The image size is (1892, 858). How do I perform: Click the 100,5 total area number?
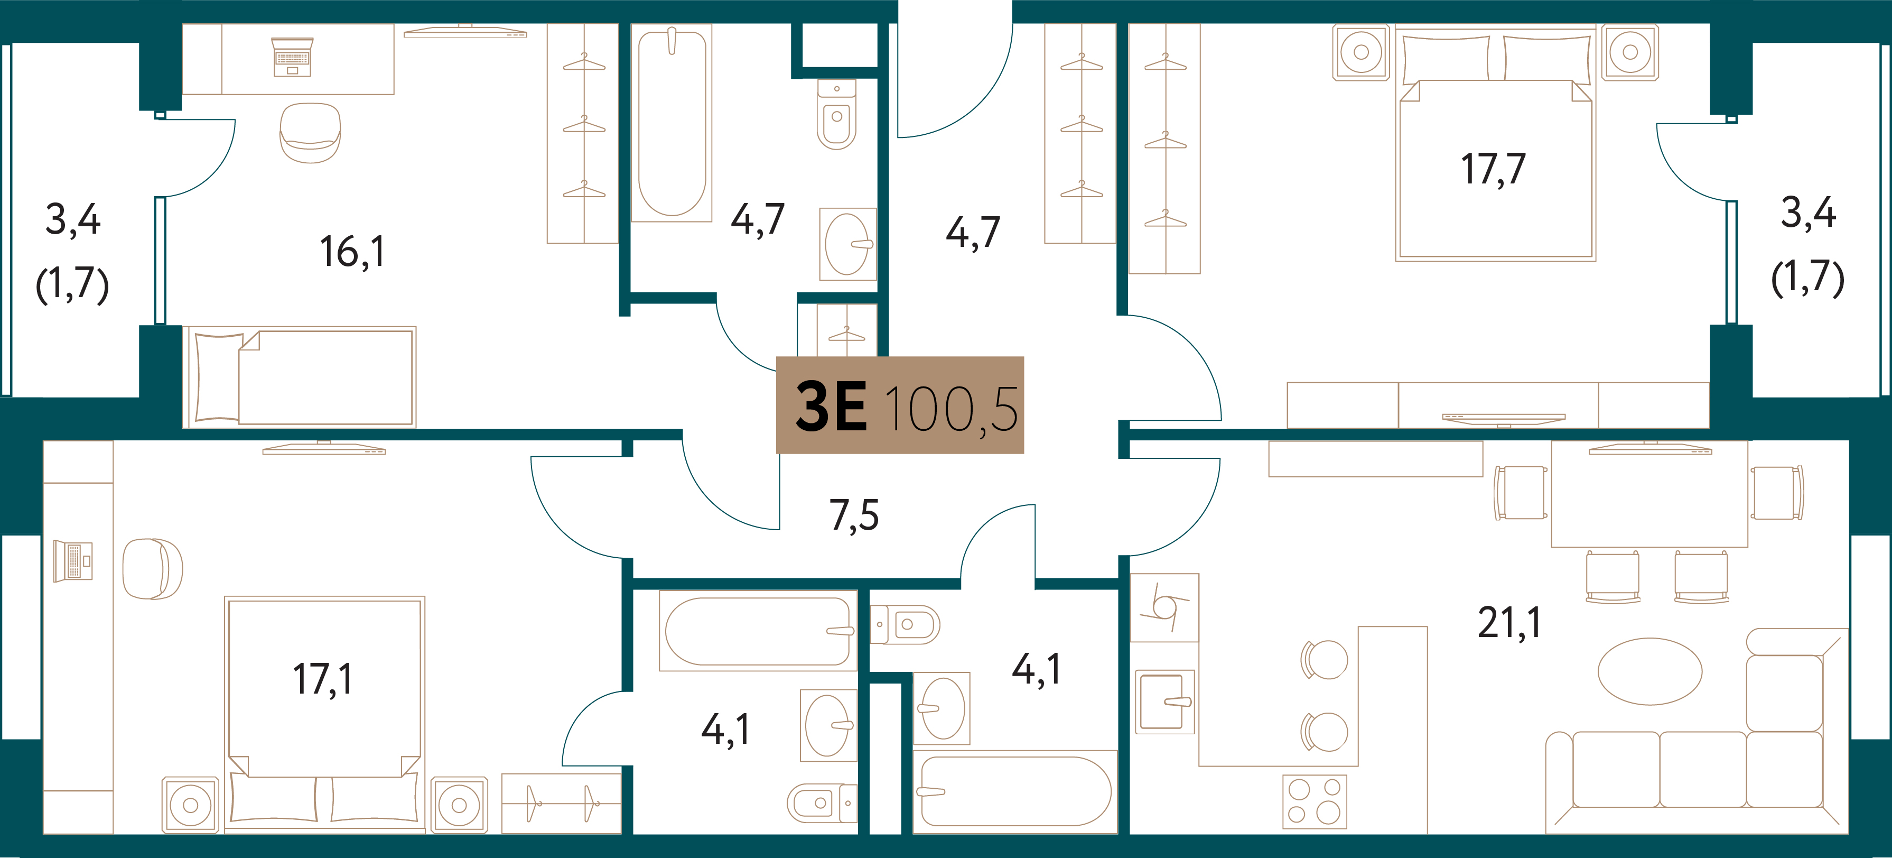click(952, 409)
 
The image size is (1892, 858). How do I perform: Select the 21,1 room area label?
click(1509, 623)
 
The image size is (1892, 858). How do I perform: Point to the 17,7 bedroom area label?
click(1493, 169)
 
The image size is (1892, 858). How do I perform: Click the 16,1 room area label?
click(352, 252)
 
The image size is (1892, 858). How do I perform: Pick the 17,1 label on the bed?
click(322, 679)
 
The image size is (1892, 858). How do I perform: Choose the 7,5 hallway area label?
click(854, 515)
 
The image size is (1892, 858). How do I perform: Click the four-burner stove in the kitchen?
click(1315, 801)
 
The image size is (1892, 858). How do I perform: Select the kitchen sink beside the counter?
click(1165, 702)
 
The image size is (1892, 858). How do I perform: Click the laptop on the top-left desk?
click(292, 57)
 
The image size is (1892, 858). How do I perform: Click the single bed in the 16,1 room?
click(299, 377)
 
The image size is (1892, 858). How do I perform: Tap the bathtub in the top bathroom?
click(672, 123)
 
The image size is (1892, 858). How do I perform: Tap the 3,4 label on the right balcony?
click(1809, 214)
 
